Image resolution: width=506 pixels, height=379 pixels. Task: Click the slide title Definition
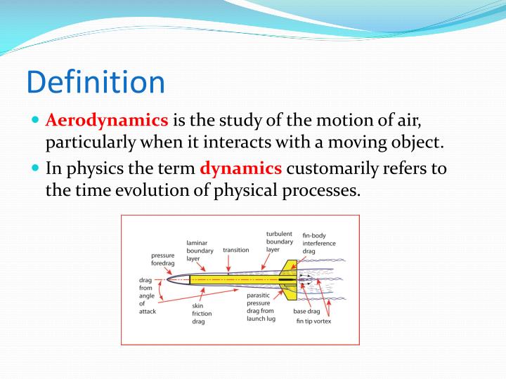96,81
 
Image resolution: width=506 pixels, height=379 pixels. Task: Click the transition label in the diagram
235,250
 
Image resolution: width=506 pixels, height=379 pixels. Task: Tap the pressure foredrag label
163,259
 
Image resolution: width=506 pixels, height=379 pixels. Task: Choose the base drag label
306,311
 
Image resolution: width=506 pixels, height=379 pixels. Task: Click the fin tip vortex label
313,321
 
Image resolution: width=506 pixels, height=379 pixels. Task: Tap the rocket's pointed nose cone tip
167,279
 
